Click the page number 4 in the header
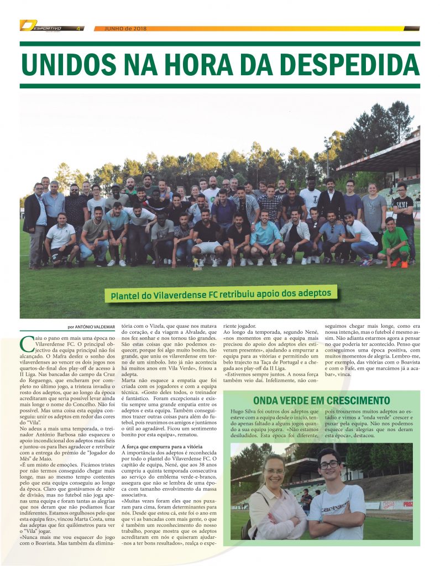(x=78, y=28)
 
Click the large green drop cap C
(x=26, y=344)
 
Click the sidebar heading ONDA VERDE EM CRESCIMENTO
(x=321, y=400)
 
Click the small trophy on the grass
(x=196, y=269)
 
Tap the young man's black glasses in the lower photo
(x=329, y=465)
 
